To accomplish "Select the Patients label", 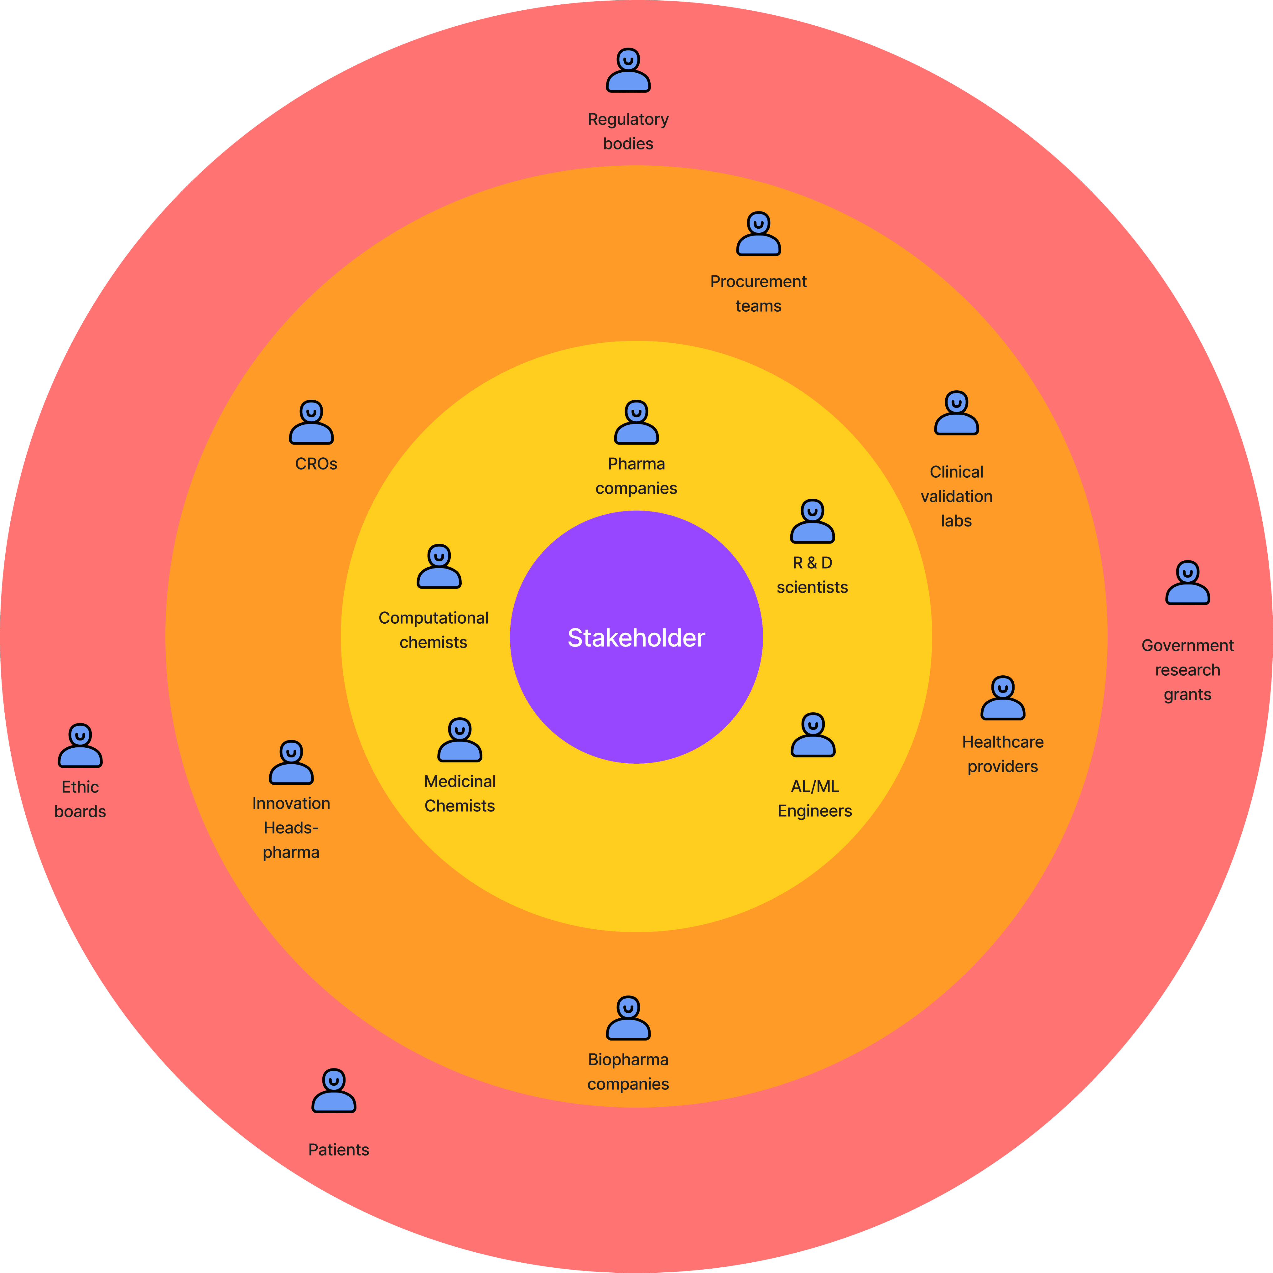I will pyautogui.click(x=339, y=1150).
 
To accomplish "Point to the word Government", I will pyautogui.click(x=1187, y=646).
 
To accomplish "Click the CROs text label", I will pyautogui.click(x=316, y=464).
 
